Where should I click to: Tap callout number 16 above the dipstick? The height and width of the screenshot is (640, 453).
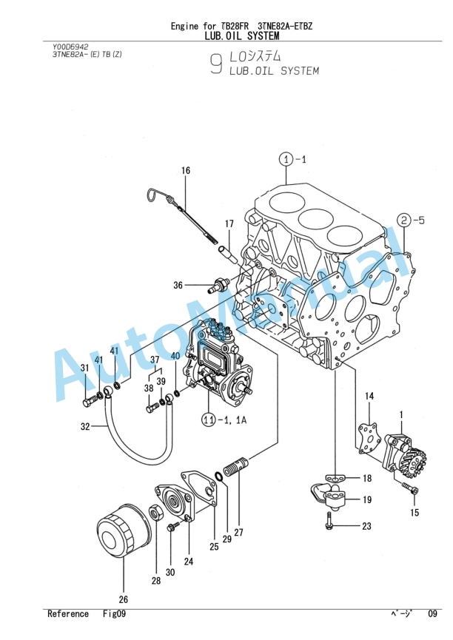pyautogui.click(x=186, y=170)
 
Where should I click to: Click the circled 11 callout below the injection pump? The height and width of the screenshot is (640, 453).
pyautogui.click(x=209, y=420)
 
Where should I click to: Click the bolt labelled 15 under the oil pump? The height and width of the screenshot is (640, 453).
pyautogui.click(x=409, y=488)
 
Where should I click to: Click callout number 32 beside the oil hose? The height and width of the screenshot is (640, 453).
pyautogui.click(x=85, y=426)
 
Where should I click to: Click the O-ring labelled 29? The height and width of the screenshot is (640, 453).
pyautogui.click(x=218, y=476)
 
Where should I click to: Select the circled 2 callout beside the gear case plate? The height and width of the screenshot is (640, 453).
pyautogui.click(x=403, y=220)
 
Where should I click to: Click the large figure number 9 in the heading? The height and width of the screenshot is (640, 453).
pyautogui.click(x=216, y=64)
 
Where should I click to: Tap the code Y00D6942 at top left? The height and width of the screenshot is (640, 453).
pyautogui.click(x=70, y=47)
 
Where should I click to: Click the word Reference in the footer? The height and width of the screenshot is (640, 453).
pyautogui.click(x=68, y=613)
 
